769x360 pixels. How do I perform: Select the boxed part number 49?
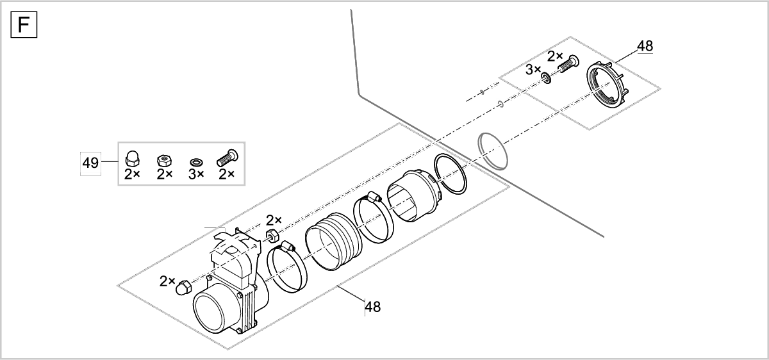click(90, 163)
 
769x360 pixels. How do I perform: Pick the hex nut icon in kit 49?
click(164, 158)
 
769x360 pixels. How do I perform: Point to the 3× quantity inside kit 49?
click(196, 174)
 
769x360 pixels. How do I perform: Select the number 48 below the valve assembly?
click(372, 307)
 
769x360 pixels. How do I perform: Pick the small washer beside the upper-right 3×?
click(546, 78)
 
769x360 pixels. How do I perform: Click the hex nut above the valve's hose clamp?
click(271, 234)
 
